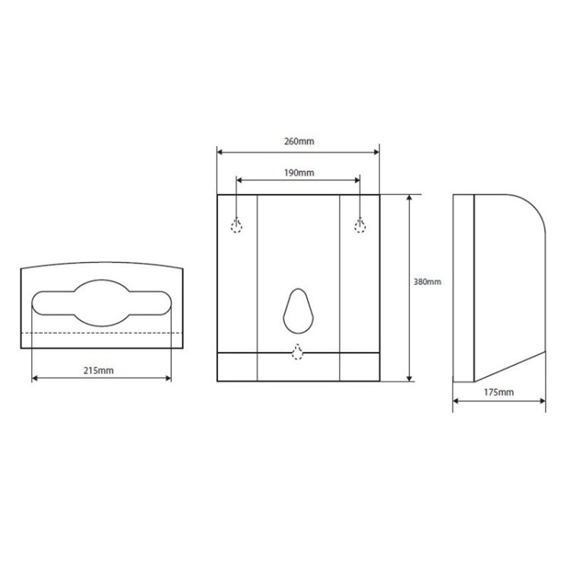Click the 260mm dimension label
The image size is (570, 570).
pyautogui.click(x=299, y=141)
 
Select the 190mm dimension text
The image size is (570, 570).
pyautogui.click(x=299, y=173)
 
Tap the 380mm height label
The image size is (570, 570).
pyautogui.click(x=427, y=282)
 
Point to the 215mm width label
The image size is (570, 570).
pyautogui.click(x=99, y=370)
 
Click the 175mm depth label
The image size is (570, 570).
pyautogui.click(x=499, y=392)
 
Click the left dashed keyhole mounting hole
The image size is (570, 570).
pyautogui.click(x=236, y=226)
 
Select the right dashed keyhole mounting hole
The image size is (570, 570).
pyautogui.click(x=360, y=226)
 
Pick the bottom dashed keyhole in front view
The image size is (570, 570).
pyautogui.click(x=298, y=352)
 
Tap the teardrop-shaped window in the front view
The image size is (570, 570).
pyautogui.click(x=298, y=311)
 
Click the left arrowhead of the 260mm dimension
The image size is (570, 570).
pyautogui.click(x=220, y=152)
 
